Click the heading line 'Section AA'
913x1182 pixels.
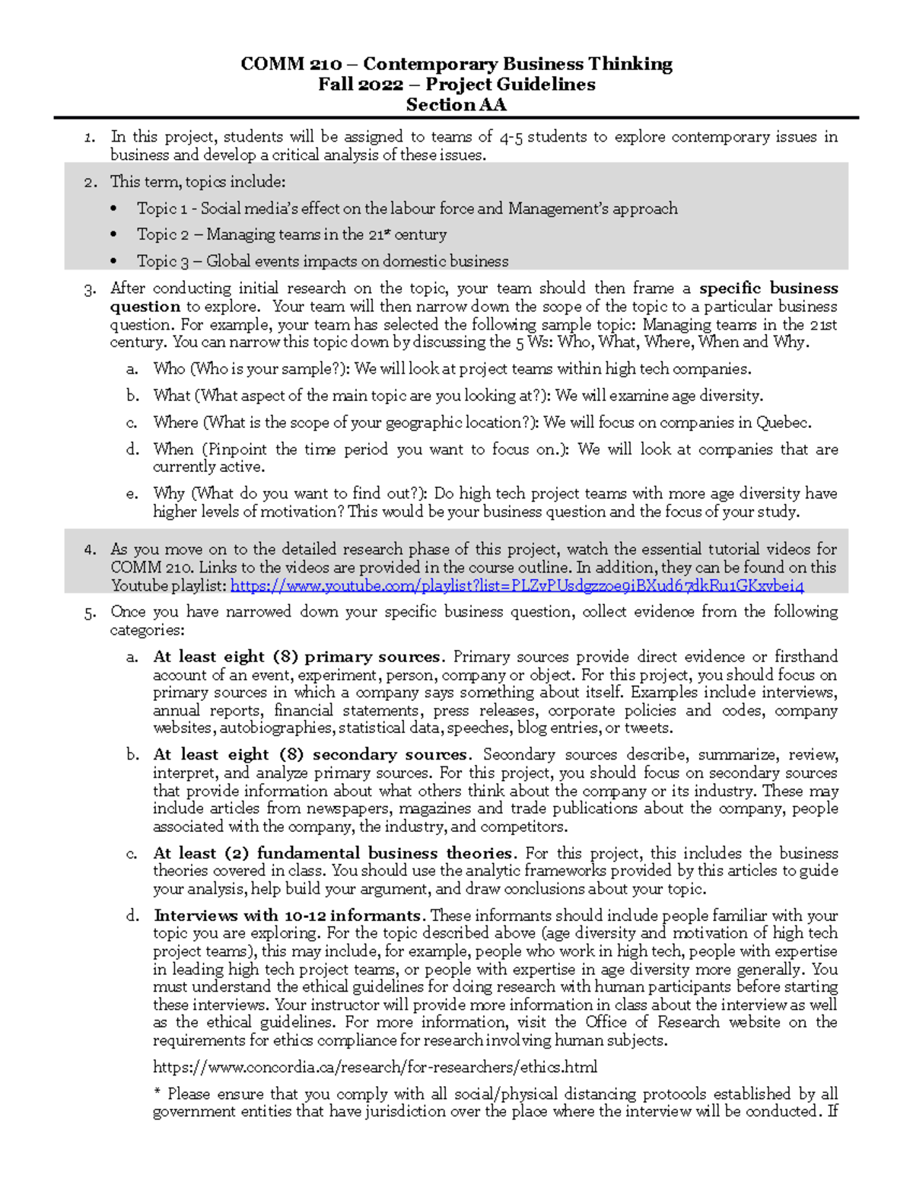tap(456, 105)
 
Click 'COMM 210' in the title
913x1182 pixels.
tap(290, 65)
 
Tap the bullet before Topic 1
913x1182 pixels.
tap(114, 209)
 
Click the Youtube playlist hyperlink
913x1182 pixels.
tap(517, 586)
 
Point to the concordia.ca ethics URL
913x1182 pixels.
tap(374, 1067)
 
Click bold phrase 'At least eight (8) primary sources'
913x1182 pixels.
tap(297, 657)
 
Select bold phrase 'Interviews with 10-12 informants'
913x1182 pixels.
tap(288, 916)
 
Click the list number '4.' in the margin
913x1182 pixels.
tap(91, 550)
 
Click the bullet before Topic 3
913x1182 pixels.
tap(114, 261)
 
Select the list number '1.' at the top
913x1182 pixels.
tap(91, 138)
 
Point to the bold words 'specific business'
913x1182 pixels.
tap(768, 288)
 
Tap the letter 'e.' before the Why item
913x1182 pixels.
tap(132, 494)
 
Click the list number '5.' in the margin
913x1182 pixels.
tap(91, 612)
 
